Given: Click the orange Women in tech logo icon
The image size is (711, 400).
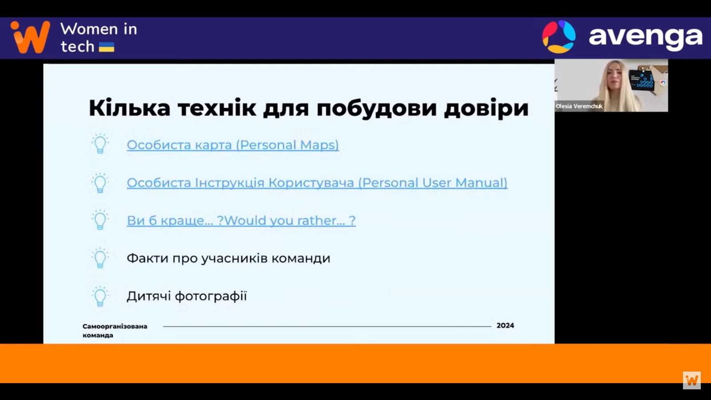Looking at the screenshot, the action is [x=31, y=37].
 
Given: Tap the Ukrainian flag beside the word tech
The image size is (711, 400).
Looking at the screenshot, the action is [x=107, y=47].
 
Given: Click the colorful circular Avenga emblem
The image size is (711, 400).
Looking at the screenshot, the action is [x=559, y=37].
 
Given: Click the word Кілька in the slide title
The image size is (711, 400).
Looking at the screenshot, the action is [x=129, y=108].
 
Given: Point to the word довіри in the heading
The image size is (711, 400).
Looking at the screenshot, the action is [x=486, y=108].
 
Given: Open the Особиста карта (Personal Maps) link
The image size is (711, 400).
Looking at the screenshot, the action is [x=233, y=145].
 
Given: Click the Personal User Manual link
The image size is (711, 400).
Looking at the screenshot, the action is [x=317, y=183].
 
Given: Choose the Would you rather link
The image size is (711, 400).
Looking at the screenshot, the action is [x=241, y=220].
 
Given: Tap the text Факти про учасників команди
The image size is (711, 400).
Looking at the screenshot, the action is [x=228, y=258].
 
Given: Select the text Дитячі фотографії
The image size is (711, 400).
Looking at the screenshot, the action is [x=187, y=296].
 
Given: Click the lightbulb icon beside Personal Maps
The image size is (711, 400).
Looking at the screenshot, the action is [x=100, y=144].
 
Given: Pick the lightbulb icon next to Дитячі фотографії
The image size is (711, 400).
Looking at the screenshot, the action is [x=100, y=296].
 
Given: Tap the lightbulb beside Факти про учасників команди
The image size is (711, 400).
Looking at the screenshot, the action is [x=100, y=258].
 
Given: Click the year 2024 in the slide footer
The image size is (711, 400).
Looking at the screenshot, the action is [x=505, y=325].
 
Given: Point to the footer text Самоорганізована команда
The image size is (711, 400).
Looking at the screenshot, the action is [x=115, y=331].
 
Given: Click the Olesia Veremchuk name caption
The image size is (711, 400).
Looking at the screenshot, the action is [x=579, y=106].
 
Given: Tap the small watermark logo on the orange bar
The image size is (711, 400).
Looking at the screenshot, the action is [x=691, y=380].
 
